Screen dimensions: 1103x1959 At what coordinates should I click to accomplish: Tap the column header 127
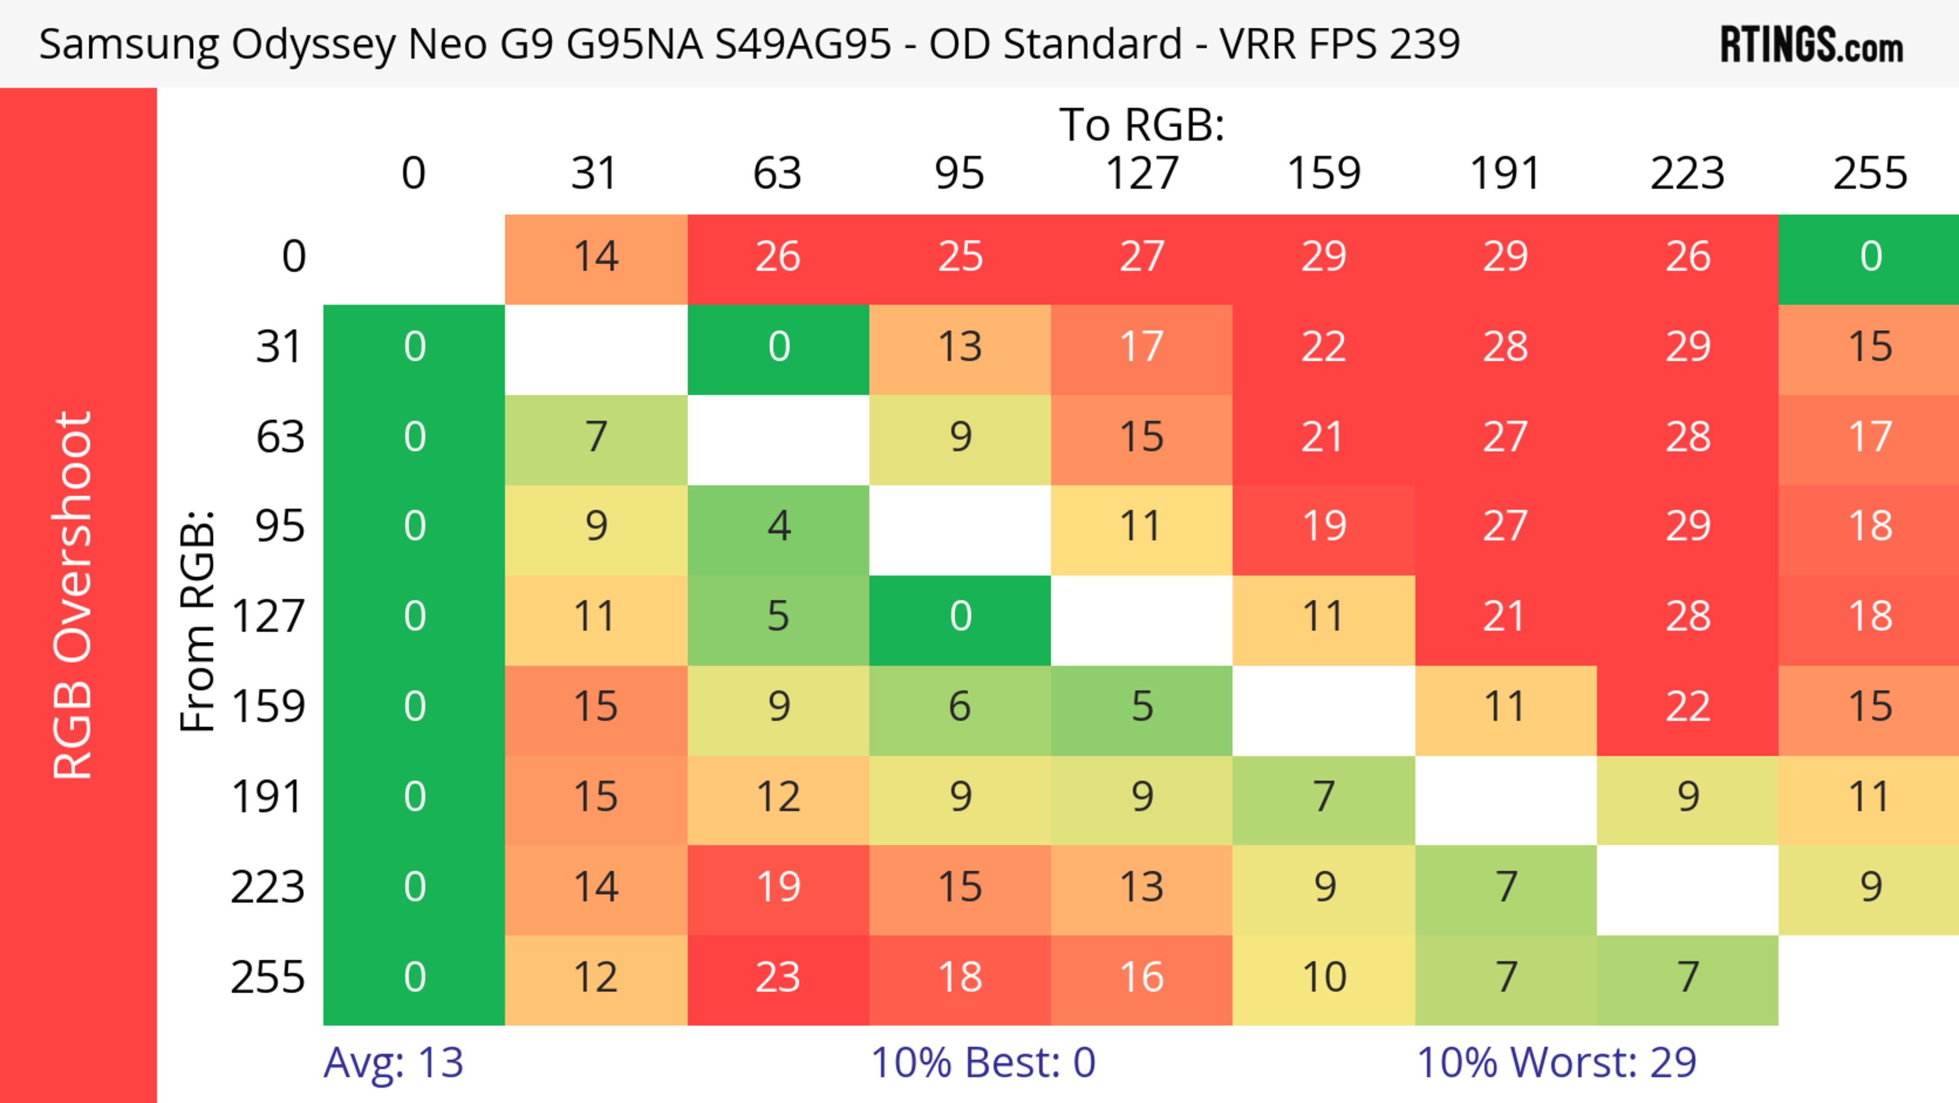pyautogui.click(x=1142, y=174)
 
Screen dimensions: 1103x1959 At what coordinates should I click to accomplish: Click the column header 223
pyautogui.click(x=1688, y=174)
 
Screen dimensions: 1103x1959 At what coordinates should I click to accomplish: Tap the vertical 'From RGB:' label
pyautogui.click(x=198, y=620)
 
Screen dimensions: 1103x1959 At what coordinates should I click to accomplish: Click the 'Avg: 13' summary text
pyautogui.click(x=393, y=1063)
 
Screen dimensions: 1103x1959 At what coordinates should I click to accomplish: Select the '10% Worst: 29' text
pyautogui.click(x=1556, y=1063)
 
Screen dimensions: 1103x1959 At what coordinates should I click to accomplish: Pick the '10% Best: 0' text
pyautogui.click(x=983, y=1063)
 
